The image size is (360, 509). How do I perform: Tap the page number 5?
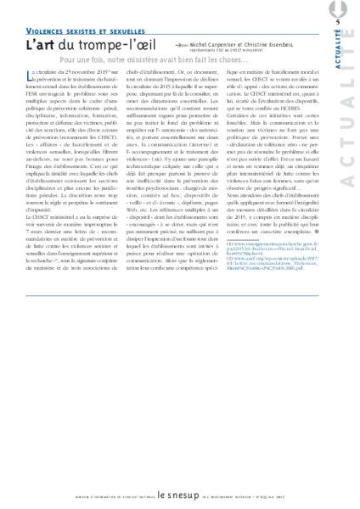click(x=337, y=21)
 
